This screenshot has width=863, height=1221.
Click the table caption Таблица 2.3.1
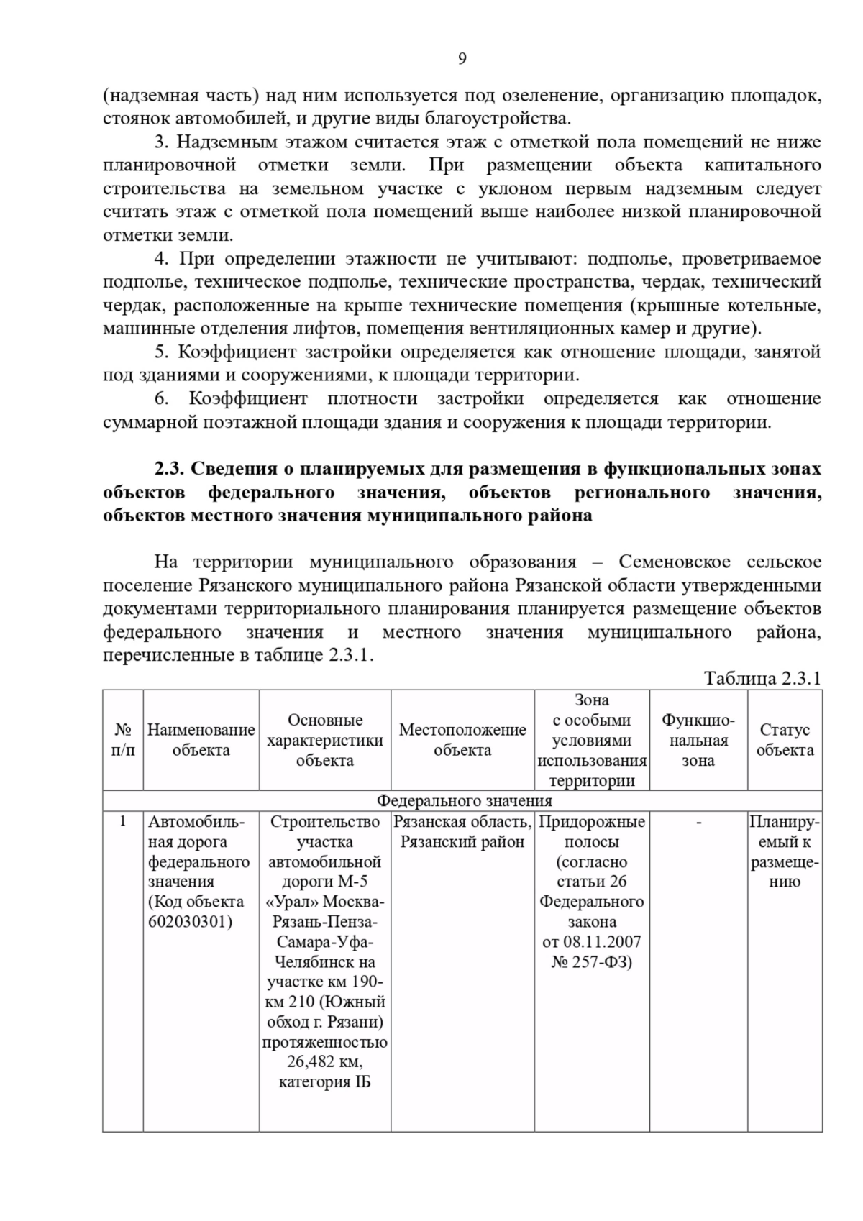pyautogui.click(x=762, y=678)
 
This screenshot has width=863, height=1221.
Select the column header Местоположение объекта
pyautogui.click(x=462, y=740)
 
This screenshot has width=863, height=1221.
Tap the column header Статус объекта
pyautogui.click(x=785, y=740)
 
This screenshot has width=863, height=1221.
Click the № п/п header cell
pyautogui.click(x=123, y=740)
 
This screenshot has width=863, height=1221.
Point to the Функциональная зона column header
pyautogui.click(x=698, y=740)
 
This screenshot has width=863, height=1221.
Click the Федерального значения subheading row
pyautogui.click(x=465, y=801)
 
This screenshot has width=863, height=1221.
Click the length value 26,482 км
pyautogui.click(x=324, y=1062)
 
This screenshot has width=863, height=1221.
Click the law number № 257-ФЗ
pyautogui.click(x=591, y=962)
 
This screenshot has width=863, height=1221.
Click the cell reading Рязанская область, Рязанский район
pyautogui.click(x=462, y=832)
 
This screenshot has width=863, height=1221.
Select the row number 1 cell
pyautogui.click(x=123, y=821)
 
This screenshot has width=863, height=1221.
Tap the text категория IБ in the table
pyautogui.click(x=324, y=1082)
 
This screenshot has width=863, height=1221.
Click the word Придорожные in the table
pyautogui.click(x=592, y=822)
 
